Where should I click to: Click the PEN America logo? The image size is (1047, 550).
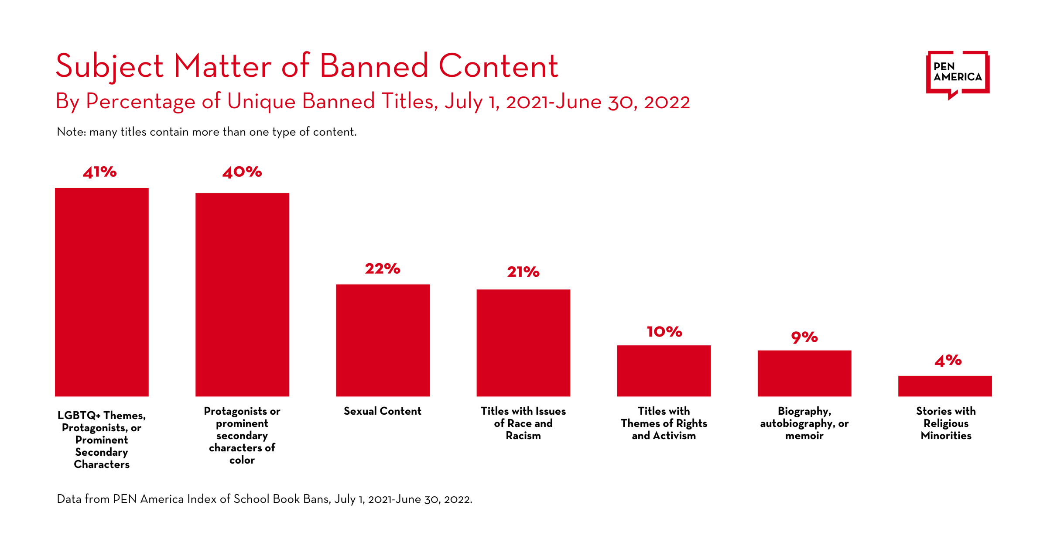(x=958, y=73)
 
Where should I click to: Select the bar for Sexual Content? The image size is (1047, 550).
(x=383, y=340)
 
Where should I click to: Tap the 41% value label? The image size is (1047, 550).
(x=100, y=172)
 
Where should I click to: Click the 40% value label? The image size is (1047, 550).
(x=242, y=172)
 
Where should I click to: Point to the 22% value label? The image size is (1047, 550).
(x=383, y=268)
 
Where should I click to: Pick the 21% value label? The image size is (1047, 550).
(x=523, y=272)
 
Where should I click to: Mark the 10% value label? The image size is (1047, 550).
(x=664, y=332)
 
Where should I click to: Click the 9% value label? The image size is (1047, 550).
(x=804, y=337)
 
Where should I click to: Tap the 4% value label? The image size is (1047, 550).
(x=948, y=361)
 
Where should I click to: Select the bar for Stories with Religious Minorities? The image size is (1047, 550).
(x=945, y=386)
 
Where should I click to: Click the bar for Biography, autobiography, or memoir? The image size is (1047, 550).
(x=804, y=373)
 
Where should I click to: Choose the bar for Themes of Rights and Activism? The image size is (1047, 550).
(x=664, y=371)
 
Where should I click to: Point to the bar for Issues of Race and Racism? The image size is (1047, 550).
(x=523, y=343)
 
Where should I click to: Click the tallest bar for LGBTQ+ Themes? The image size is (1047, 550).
(x=102, y=292)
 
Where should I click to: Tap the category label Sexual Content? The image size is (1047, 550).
(x=383, y=411)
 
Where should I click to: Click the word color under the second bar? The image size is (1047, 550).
(x=242, y=460)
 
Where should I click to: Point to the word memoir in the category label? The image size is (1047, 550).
(x=804, y=436)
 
